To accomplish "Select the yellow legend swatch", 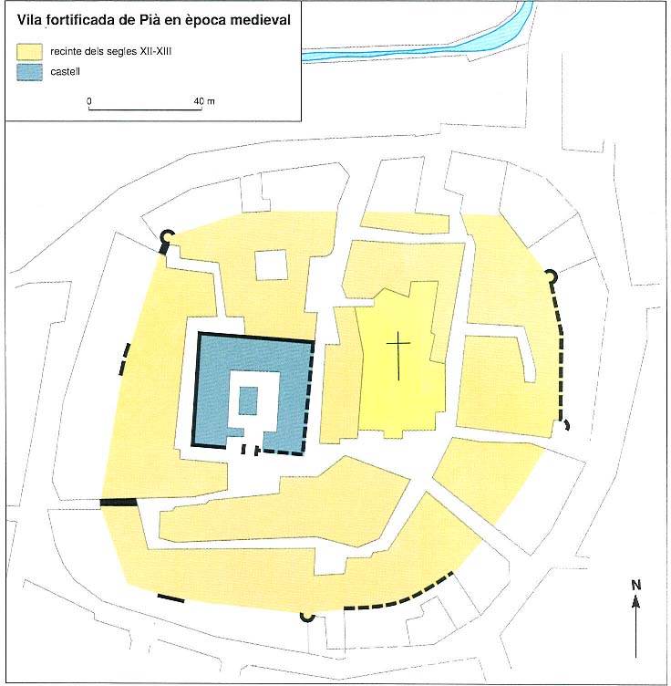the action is (x=30, y=52).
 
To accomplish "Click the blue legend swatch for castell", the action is (x=30, y=72).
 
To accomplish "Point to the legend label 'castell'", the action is (x=65, y=72).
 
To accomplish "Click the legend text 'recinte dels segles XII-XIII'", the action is (x=110, y=52).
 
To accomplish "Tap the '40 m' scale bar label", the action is (x=204, y=101).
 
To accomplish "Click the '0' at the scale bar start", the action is (x=89, y=101).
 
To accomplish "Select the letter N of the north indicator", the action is (x=636, y=585).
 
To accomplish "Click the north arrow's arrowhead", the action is (x=636, y=602).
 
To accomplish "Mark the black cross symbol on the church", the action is (x=398, y=356).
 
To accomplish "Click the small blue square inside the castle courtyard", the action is (x=248, y=400).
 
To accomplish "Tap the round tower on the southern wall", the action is (x=307, y=617).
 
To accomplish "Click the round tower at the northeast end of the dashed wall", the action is (x=552, y=276).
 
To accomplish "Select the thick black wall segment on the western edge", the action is (x=119, y=503).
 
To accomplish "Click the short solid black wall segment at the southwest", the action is (x=170, y=598).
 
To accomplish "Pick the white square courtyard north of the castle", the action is (x=271, y=265).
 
